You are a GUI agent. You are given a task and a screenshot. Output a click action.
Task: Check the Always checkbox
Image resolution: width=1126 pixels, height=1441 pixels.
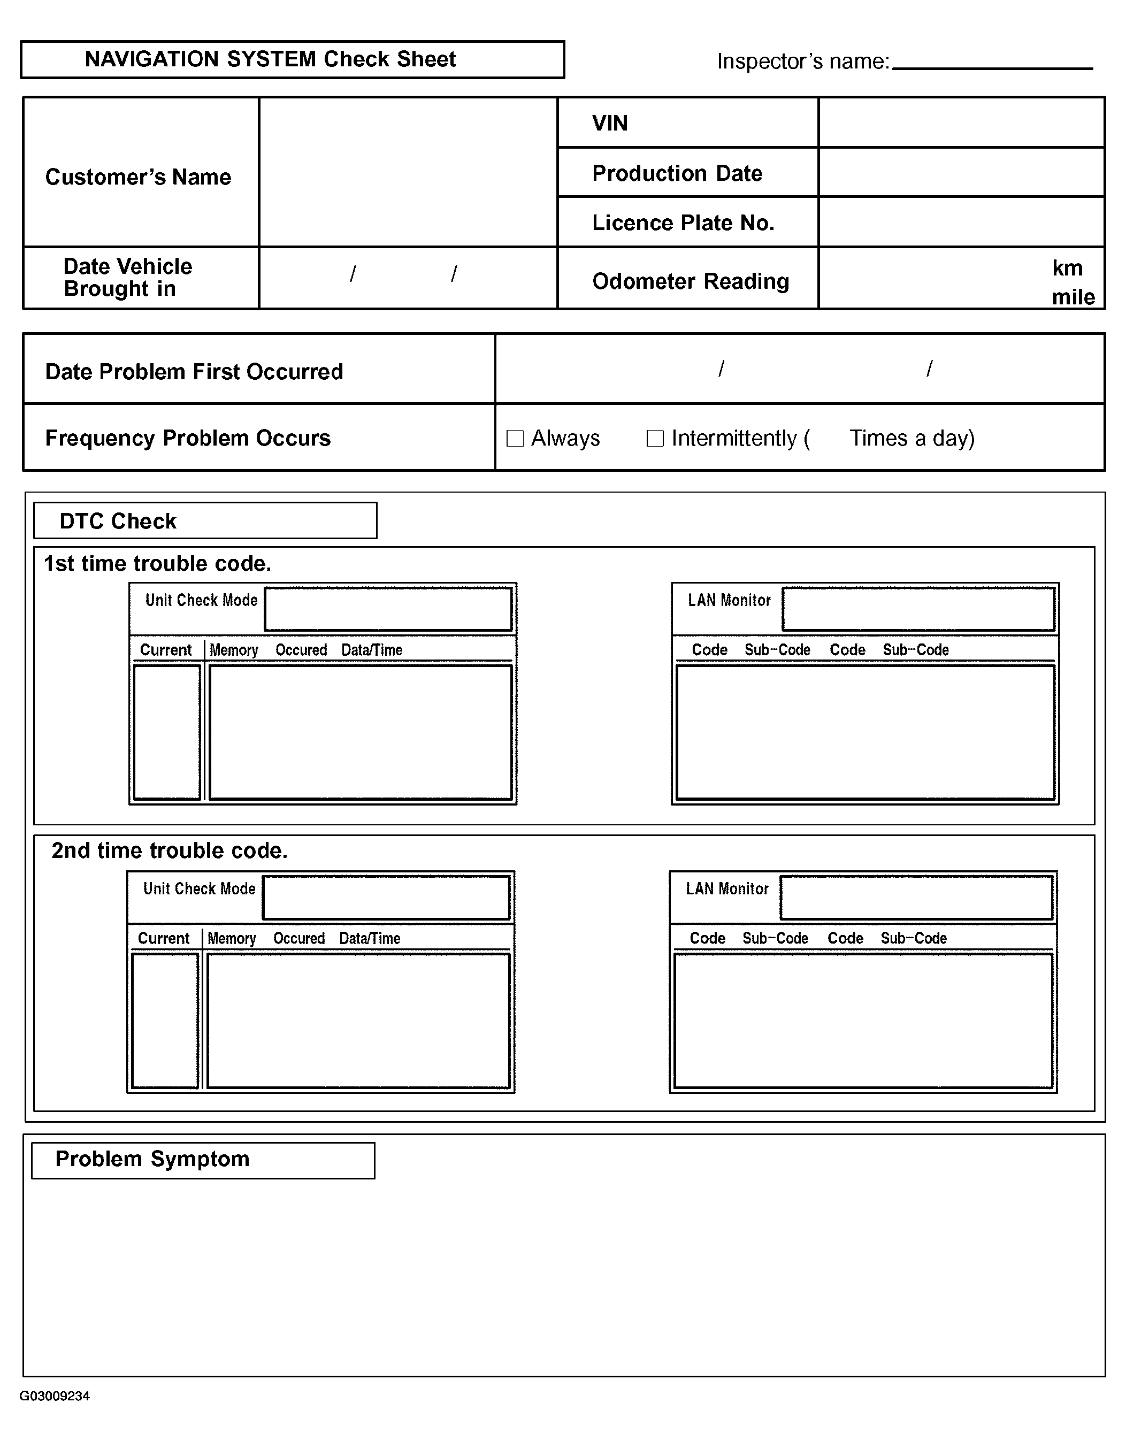click(515, 438)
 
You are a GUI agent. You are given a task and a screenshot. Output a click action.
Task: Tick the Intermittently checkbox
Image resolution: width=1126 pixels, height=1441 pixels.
click(654, 438)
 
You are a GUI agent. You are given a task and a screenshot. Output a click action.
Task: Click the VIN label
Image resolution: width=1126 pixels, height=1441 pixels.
click(609, 124)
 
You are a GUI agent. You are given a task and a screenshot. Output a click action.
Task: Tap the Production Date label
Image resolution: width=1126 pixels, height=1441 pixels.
click(677, 173)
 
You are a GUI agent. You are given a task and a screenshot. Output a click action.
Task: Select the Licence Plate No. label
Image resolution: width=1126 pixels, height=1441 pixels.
click(683, 223)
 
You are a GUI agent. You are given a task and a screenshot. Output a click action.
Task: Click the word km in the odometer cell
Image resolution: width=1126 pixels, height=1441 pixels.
click(1067, 268)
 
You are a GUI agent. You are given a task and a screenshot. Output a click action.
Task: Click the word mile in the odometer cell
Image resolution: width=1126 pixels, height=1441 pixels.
click(1073, 297)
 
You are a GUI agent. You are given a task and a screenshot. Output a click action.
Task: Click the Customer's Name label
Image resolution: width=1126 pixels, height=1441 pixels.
click(138, 177)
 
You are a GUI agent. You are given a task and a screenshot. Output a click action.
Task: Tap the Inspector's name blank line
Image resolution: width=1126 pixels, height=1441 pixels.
click(991, 65)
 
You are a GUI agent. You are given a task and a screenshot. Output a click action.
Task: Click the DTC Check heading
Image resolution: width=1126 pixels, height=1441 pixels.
click(118, 521)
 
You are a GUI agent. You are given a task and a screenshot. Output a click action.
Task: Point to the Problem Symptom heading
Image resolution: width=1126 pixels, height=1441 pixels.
click(152, 1159)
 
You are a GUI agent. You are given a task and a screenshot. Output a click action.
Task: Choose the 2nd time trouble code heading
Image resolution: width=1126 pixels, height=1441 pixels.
click(170, 850)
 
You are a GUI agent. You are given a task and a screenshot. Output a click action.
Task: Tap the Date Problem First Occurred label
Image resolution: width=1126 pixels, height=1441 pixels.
click(194, 371)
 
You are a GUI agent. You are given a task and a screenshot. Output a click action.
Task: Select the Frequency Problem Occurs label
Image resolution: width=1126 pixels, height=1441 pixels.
click(187, 438)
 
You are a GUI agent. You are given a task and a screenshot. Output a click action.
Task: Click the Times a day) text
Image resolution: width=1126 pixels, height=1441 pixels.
click(911, 438)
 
